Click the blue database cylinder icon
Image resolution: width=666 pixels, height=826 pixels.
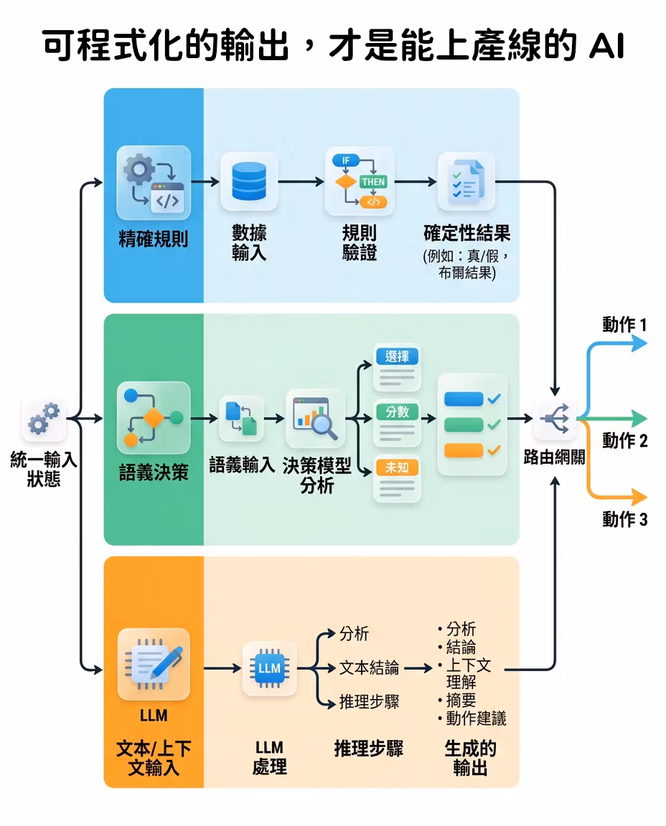click(x=249, y=181)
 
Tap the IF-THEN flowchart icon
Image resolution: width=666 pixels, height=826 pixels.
click(x=360, y=181)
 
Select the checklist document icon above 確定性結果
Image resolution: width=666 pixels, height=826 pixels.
click(x=466, y=181)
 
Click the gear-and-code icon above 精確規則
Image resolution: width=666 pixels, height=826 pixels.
click(x=154, y=182)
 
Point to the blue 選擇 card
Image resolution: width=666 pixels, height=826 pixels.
click(x=397, y=367)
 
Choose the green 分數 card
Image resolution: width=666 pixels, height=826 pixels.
click(x=397, y=423)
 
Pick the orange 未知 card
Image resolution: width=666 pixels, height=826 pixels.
click(x=397, y=478)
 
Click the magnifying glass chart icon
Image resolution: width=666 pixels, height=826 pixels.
click(x=315, y=418)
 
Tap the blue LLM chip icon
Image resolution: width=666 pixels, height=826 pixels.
click(x=269, y=668)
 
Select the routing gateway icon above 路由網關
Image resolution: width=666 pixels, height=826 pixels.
click(x=555, y=419)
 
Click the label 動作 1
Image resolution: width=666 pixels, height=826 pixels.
click(x=624, y=325)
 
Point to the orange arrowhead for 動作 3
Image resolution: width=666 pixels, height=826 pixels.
click(x=639, y=497)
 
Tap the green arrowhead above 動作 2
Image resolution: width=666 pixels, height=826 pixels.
click(x=639, y=419)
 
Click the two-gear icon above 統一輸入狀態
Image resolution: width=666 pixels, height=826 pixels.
click(x=44, y=419)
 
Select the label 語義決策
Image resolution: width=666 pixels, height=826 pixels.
click(x=154, y=472)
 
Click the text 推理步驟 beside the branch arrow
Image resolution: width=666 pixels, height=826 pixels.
click(x=369, y=702)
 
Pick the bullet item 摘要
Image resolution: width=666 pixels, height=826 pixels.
click(x=461, y=700)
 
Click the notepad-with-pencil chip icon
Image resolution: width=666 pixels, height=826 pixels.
click(x=154, y=664)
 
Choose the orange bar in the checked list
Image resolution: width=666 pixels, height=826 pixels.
click(x=464, y=450)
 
